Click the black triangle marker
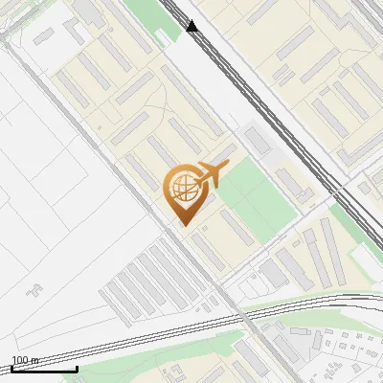192,26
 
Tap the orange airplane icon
212,173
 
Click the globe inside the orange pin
182,189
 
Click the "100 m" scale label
24,360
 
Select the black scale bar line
44,369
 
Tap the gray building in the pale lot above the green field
256,139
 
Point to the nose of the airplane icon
228,165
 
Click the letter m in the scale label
34,360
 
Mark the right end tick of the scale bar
77,368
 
